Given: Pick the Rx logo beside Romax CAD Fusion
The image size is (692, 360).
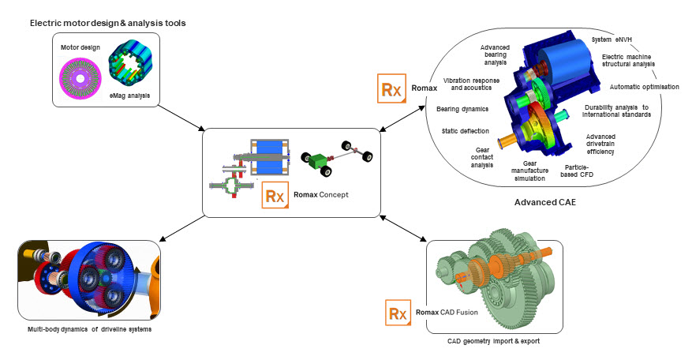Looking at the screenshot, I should [x=396, y=313].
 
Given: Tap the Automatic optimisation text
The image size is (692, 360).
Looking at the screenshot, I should [x=645, y=87].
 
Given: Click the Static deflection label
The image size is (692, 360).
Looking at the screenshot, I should [x=466, y=130].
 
